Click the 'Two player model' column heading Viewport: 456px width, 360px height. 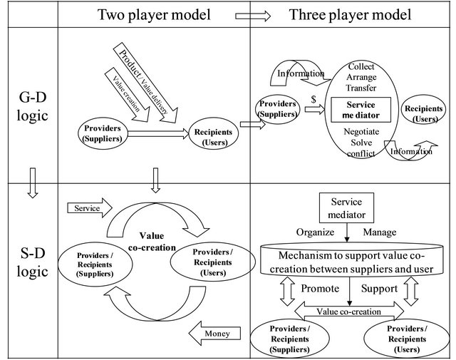point(153,14)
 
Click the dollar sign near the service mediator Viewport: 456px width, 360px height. point(313,101)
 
